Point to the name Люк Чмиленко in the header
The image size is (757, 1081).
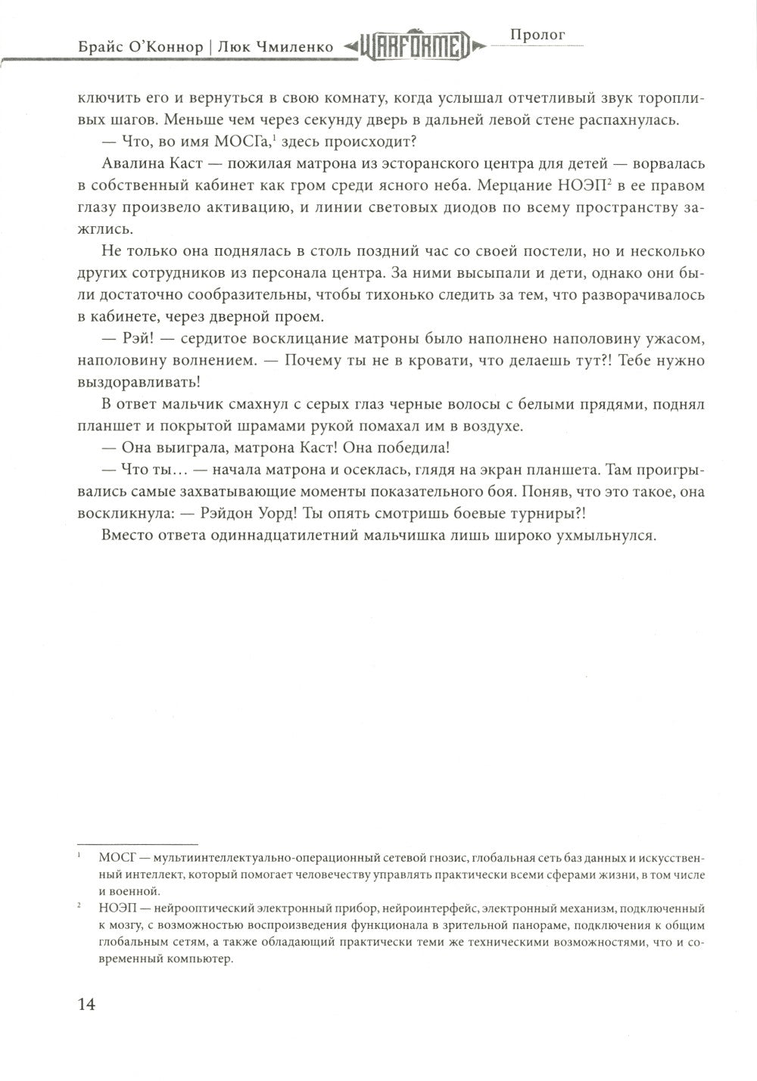pos(275,47)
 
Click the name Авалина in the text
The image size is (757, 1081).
pos(128,166)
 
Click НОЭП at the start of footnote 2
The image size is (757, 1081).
pos(114,907)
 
